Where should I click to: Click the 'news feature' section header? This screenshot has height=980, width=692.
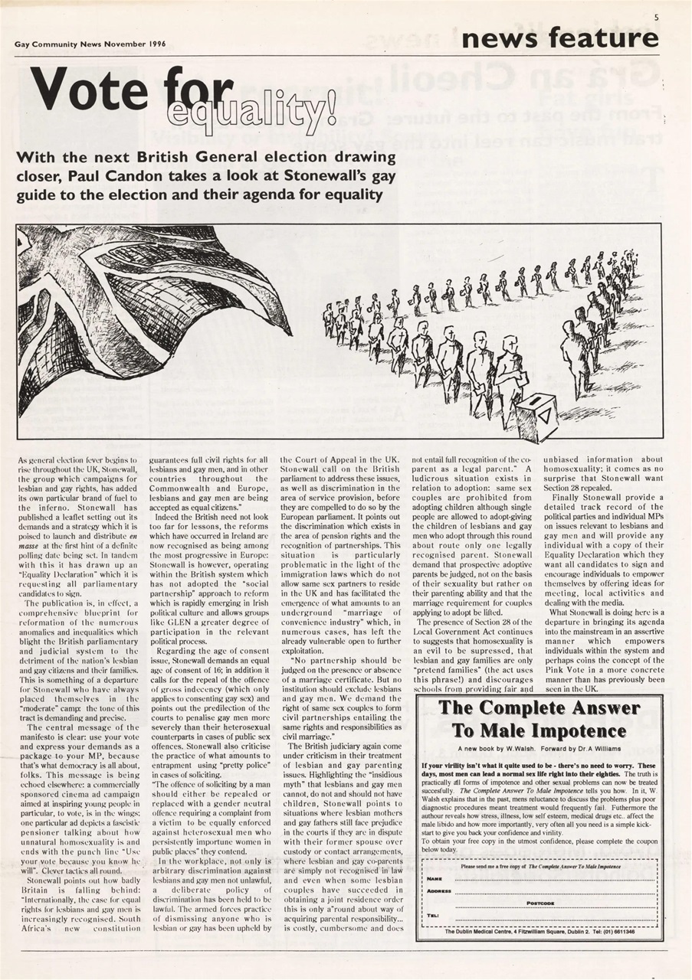point(559,38)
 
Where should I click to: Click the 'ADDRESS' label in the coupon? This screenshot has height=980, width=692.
point(439,891)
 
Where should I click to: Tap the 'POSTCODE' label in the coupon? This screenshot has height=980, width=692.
point(540,903)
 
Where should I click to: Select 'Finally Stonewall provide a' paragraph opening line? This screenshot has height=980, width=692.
point(602,497)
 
